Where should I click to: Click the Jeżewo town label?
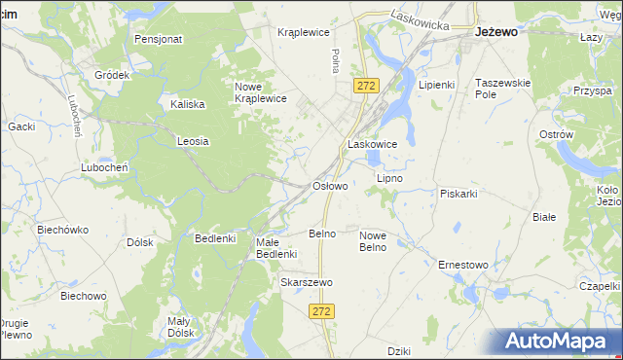495,31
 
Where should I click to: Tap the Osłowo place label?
329,185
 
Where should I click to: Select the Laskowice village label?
372,144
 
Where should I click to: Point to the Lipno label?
389,179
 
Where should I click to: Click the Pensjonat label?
159,40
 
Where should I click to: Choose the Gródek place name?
113,75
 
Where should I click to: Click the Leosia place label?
193,141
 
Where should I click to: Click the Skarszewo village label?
307,282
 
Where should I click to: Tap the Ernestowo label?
462,265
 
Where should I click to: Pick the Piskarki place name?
458,194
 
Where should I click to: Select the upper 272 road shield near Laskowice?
366,86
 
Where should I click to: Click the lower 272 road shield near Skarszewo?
323,310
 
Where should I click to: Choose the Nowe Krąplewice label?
260,92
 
